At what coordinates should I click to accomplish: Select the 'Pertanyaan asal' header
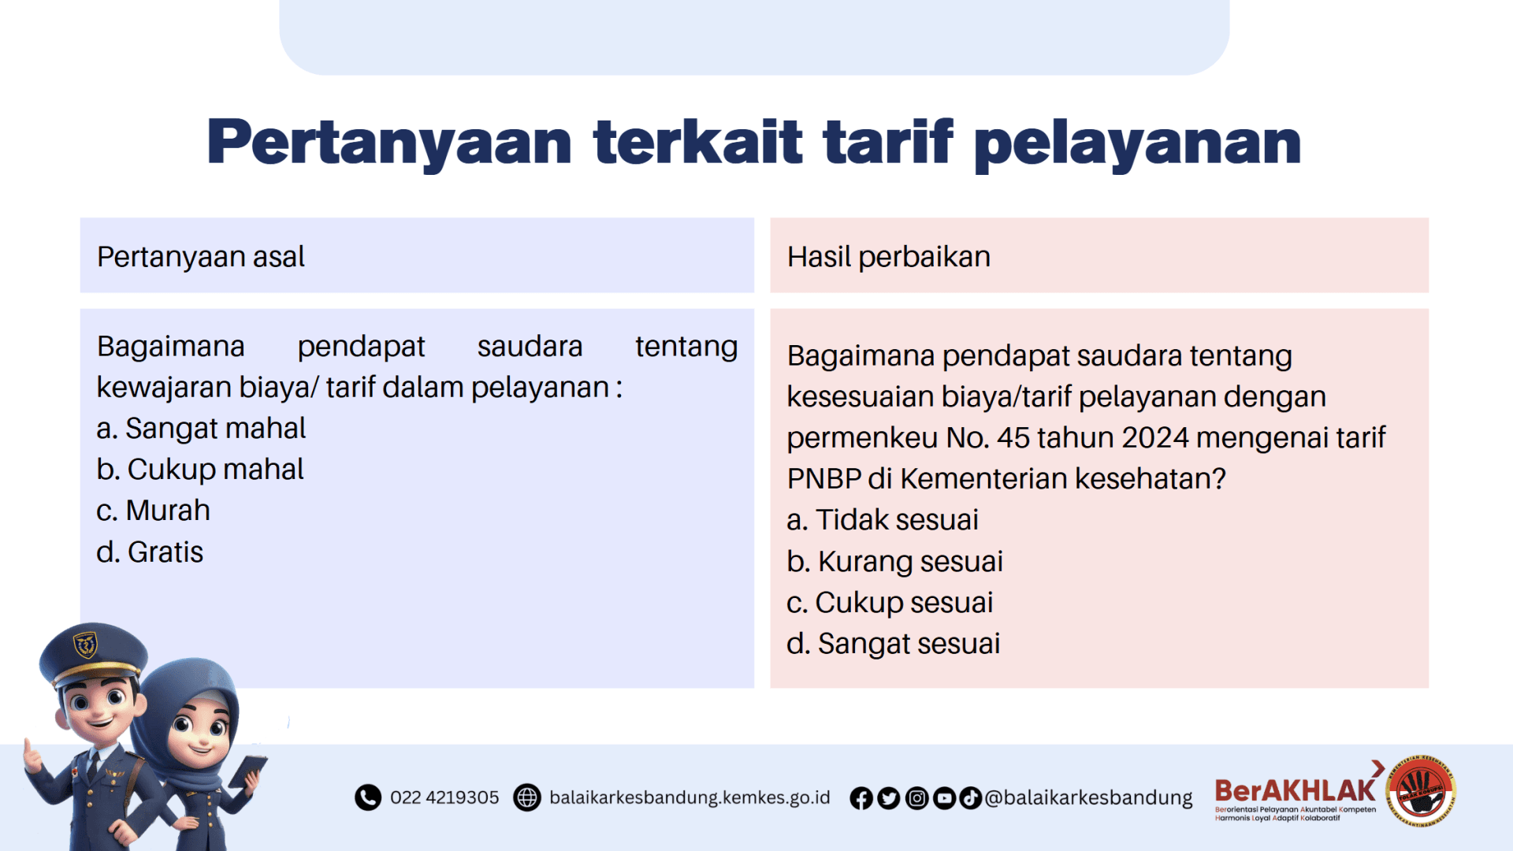(x=200, y=257)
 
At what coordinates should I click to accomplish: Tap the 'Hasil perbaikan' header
(x=888, y=257)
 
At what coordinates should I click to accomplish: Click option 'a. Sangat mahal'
(x=200, y=429)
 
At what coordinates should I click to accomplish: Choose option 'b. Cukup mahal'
(x=199, y=470)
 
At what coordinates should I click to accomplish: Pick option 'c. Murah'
(x=153, y=511)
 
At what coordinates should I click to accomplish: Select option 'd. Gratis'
(x=150, y=552)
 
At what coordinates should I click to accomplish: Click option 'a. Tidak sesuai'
(x=882, y=520)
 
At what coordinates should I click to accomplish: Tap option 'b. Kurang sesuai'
(x=894, y=562)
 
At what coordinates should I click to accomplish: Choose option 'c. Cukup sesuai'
(x=889, y=603)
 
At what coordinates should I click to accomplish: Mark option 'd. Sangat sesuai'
(x=893, y=644)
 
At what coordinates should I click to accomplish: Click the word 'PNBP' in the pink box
(x=823, y=479)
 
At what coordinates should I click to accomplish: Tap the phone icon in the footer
(x=367, y=797)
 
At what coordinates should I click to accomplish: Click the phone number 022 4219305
(x=444, y=797)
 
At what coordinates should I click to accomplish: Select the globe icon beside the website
(x=527, y=797)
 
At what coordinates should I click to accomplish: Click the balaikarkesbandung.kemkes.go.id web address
(x=690, y=797)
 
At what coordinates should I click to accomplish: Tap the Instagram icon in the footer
(x=916, y=798)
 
